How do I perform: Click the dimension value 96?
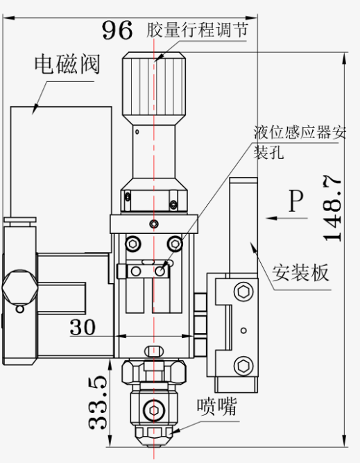point(117,30)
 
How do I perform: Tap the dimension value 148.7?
point(332,208)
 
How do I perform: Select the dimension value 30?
point(83,327)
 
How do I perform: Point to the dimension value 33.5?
point(98,403)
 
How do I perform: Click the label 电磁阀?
point(67,64)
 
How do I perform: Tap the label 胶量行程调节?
point(197,30)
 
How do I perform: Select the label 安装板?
point(300,273)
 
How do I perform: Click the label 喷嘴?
point(217,407)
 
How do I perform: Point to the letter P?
point(296,201)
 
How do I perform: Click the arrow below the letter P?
point(286,218)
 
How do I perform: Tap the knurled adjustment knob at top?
point(154,85)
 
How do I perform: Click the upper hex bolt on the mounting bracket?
point(243,292)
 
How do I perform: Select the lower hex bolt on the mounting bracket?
point(243,366)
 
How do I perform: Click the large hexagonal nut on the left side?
point(20,287)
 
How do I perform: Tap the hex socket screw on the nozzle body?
point(154,410)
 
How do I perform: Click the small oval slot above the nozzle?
point(154,351)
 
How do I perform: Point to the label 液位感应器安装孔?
point(299,142)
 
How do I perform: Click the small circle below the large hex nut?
point(20,309)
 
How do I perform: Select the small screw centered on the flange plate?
point(154,224)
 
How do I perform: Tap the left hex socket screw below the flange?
point(133,244)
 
